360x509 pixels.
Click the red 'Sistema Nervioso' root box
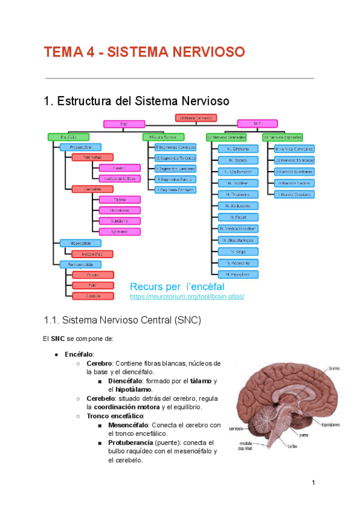click(196, 118)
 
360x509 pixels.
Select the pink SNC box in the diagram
click(124, 124)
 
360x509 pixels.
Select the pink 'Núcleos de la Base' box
click(120, 179)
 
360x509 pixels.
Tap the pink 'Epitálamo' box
click(120, 232)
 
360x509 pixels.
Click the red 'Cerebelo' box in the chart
click(92, 296)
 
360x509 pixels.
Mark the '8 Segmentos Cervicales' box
click(175, 147)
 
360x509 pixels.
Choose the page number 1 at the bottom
click(313, 483)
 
